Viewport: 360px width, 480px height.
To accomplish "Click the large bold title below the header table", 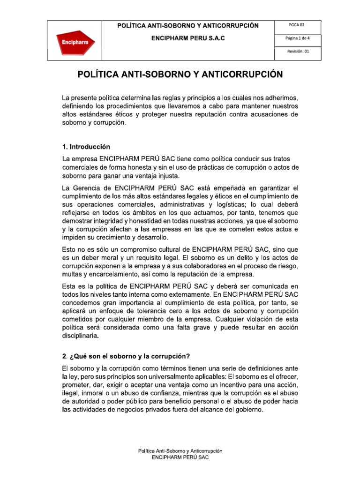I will click(180, 75).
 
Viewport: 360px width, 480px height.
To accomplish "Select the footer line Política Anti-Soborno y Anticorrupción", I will click(180, 450).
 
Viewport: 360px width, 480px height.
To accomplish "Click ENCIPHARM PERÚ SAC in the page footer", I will click(180, 457).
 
